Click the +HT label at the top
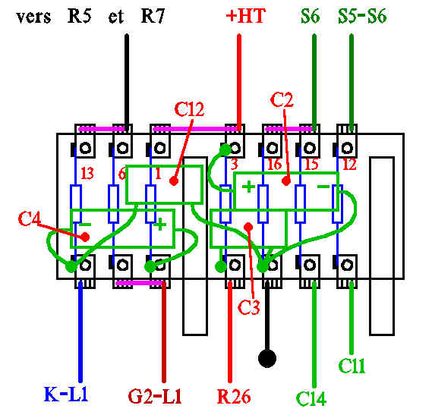(x=245, y=16)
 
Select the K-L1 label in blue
(x=66, y=394)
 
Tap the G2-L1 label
(x=155, y=396)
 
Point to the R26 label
(x=234, y=396)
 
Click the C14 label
(x=311, y=398)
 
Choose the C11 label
(x=352, y=366)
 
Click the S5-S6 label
(x=362, y=16)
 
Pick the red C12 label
(x=189, y=109)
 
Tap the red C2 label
(x=282, y=99)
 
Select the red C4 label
(x=29, y=218)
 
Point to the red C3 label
(x=248, y=307)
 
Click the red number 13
(x=87, y=174)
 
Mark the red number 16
(x=274, y=164)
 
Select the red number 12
(x=349, y=164)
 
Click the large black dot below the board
(x=267, y=359)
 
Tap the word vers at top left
(x=33, y=17)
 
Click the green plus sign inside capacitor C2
(x=248, y=187)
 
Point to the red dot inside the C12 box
(x=173, y=181)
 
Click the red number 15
(x=311, y=164)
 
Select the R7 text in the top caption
(x=153, y=16)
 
